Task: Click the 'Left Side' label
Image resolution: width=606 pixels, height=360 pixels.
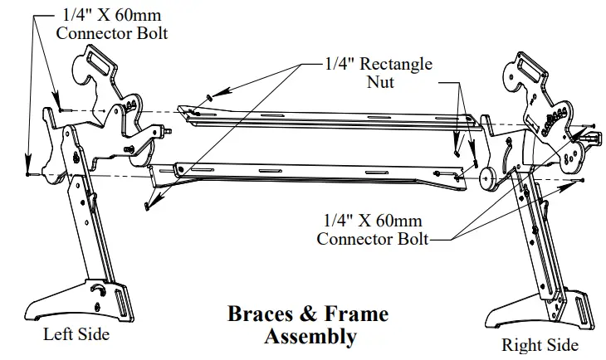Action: click(76, 335)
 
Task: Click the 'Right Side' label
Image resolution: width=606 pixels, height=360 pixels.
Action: click(540, 344)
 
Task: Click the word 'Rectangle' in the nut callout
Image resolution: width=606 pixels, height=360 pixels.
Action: click(393, 64)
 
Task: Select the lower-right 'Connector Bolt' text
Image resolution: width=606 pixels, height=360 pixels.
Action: click(372, 239)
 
